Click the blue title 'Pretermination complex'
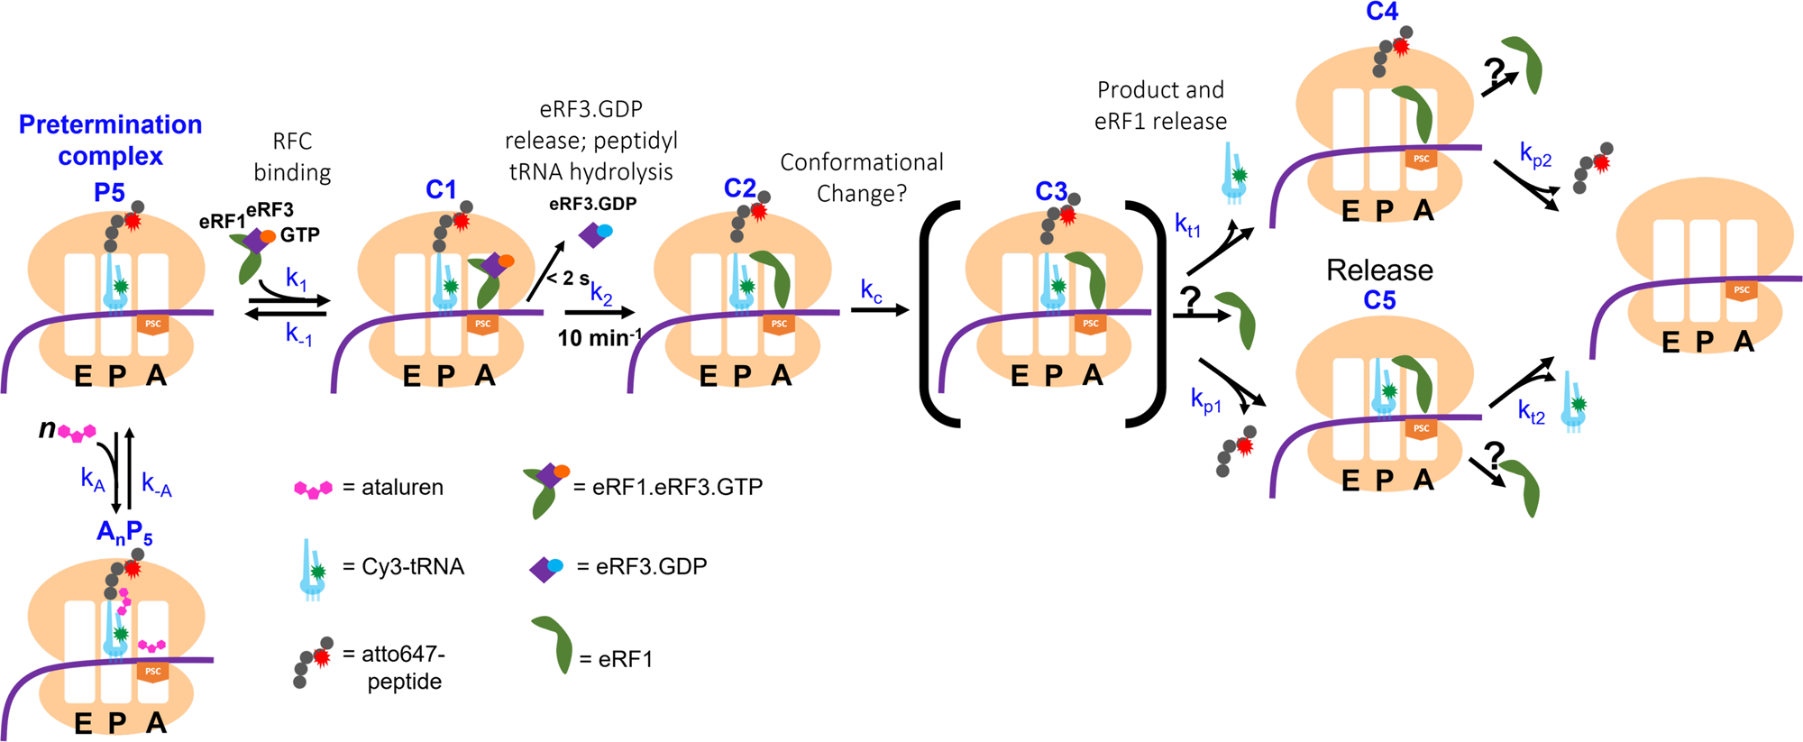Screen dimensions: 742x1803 coord(110,140)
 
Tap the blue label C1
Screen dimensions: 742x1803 coord(441,189)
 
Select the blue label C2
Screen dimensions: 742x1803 coord(739,188)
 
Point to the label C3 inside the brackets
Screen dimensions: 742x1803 coord(1050,191)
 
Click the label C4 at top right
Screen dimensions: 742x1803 coord(1381,12)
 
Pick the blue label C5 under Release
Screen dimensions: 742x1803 coord(1379,300)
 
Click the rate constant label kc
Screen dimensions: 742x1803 coord(871,290)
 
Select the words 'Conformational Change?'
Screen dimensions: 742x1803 coord(861,178)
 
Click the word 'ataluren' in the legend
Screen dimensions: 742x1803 coord(402,488)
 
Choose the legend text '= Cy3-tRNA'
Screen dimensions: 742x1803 coord(403,567)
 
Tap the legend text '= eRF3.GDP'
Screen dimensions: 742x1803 coord(642,567)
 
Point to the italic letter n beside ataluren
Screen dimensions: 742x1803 coord(47,428)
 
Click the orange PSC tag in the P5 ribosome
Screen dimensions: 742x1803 coord(153,324)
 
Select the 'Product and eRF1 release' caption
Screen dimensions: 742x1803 coord(1160,105)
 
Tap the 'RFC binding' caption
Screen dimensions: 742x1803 coord(292,157)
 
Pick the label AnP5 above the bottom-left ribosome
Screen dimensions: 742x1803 coord(124,533)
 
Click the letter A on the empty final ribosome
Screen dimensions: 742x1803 coord(1744,342)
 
